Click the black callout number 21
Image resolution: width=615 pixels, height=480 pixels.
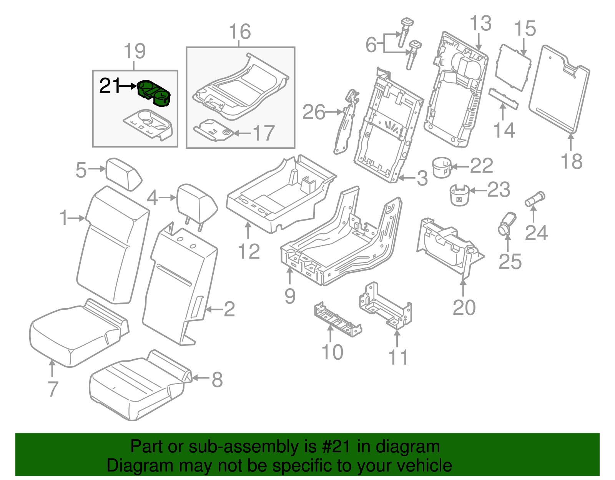click(110, 86)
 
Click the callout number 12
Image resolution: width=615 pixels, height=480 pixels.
click(249, 252)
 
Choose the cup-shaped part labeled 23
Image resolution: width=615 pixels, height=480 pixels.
click(459, 195)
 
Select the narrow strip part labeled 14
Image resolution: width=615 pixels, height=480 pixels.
click(504, 98)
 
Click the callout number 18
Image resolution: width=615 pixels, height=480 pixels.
click(572, 161)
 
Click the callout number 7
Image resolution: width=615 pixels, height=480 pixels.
click(53, 389)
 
